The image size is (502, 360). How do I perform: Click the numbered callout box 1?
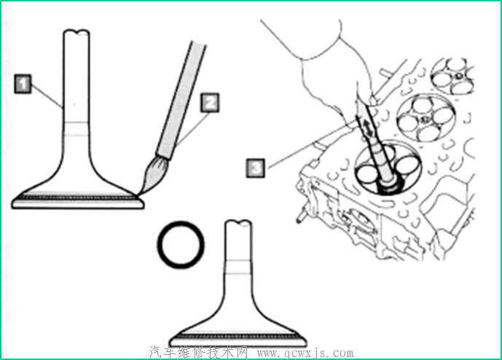23,84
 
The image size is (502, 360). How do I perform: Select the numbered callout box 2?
210,103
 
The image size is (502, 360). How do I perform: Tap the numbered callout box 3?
256,168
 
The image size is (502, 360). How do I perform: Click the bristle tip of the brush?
138,194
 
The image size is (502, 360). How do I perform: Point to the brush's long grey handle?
181,100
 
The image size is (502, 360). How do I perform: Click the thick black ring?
181,244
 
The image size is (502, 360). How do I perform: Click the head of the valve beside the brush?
78,198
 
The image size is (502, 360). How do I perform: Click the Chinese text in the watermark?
198,353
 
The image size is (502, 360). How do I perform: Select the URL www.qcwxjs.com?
306,353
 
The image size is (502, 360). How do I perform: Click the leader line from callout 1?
47,95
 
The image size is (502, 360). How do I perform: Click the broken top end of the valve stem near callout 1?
77,31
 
